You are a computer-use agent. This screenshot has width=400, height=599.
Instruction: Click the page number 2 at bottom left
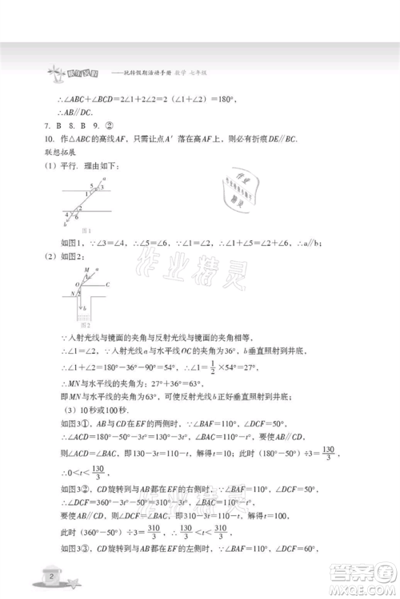click(52, 575)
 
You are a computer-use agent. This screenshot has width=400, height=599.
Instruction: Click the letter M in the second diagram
click(77, 270)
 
